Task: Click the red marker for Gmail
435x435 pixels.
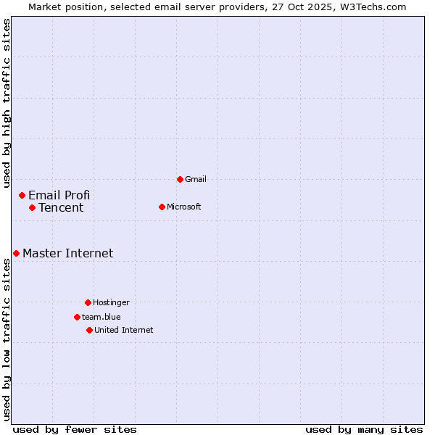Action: coord(180,179)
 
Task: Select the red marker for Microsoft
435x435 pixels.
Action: coord(162,207)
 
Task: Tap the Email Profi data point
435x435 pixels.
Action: coord(22,195)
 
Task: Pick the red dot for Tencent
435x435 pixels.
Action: coord(33,208)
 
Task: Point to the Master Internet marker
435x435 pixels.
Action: coord(16,253)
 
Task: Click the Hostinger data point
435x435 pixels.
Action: coord(88,302)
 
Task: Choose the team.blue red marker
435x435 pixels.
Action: coord(77,317)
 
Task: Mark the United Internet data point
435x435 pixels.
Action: coord(89,330)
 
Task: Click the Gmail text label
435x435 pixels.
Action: coord(196,179)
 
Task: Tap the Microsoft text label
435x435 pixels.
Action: coord(184,207)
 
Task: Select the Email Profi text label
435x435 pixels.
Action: coord(59,195)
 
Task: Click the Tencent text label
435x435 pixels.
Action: coord(61,208)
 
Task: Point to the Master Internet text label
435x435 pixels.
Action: coord(68,253)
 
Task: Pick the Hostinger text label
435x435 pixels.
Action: coord(111,302)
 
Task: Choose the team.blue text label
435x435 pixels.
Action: coord(101,317)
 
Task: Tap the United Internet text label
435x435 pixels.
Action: coord(124,330)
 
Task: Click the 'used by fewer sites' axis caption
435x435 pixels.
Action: coord(75,429)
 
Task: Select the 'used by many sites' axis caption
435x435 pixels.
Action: coord(364,429)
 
